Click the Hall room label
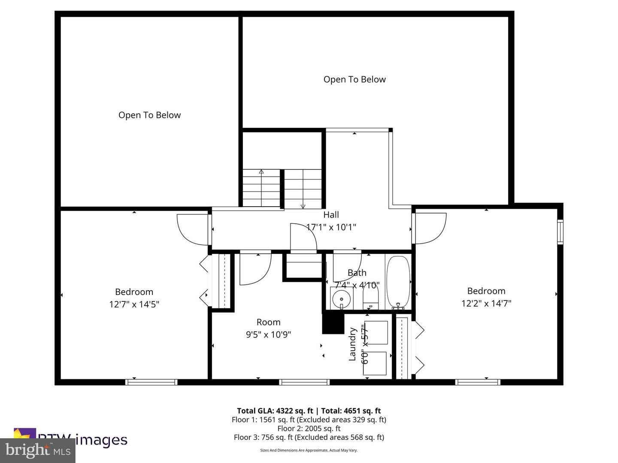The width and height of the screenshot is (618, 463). tap(331, 215)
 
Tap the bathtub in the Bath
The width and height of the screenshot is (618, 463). tap(398, 282)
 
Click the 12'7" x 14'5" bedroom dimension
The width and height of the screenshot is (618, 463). tap(134, 304)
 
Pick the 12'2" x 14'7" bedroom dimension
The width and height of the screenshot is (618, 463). tap(486, 304)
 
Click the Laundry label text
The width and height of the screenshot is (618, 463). tap(352, 344)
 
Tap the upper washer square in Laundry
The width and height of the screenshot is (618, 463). tap(376, 332)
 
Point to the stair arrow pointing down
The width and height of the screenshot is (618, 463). tap(303, 206)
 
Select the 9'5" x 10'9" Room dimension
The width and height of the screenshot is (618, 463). tap(268, 335)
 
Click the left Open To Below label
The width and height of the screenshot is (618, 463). tap(149, 115)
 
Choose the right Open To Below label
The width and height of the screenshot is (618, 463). tap(354, 79)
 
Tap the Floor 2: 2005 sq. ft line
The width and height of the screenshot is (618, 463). tap(309, 428)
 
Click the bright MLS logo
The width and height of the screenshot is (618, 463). tap(38, 450)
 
